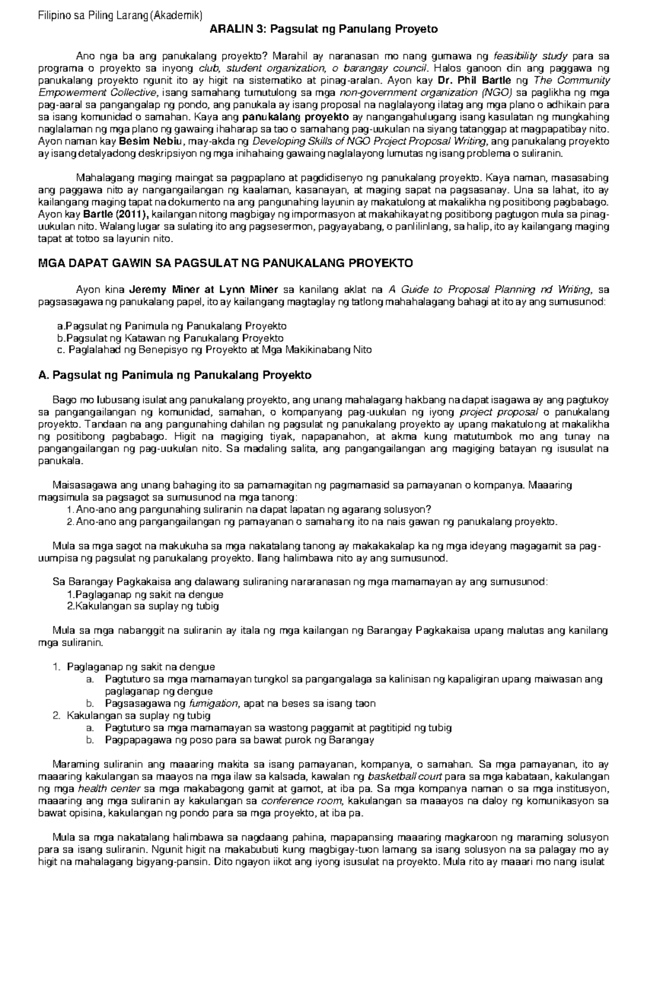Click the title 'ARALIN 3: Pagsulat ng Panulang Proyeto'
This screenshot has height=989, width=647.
point(323,30)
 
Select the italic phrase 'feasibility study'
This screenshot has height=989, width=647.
point(531,56)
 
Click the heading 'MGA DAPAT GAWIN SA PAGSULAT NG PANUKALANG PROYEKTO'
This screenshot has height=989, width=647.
point(225,263)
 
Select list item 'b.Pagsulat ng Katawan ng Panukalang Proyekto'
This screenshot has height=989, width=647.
point(170,338)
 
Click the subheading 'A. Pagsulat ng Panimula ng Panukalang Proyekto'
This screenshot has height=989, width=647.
point(175,375)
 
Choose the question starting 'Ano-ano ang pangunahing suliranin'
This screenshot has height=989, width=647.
point(253,510)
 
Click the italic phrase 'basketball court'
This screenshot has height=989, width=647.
point(404,777)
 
